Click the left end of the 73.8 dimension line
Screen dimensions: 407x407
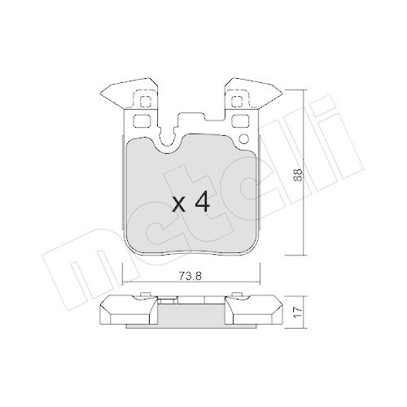[x=123, y=281]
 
